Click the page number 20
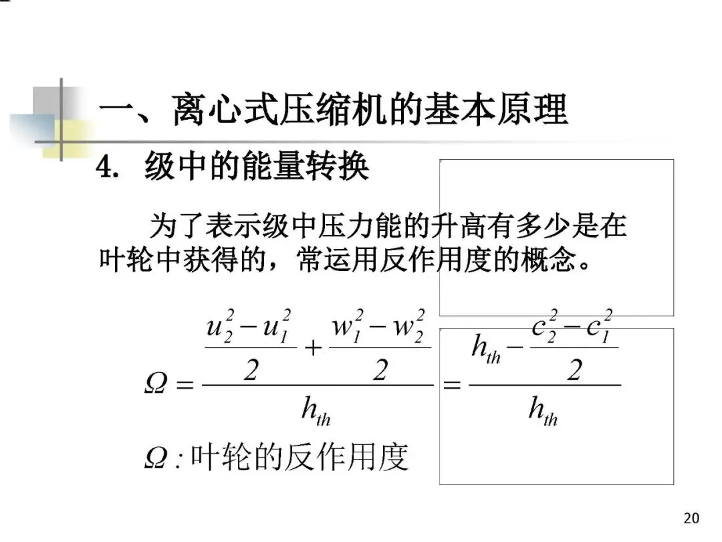click(692, 518)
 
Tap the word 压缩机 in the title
click(353, 110)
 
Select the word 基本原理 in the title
click(496, 110)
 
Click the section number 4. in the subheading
click(110, 167)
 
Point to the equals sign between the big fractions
click(453, 385)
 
